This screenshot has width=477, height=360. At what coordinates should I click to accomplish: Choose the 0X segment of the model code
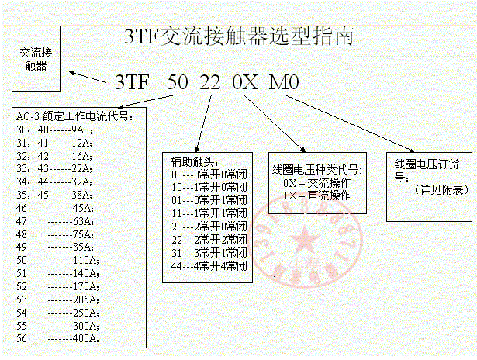pyautogui.click(x=246, y=82)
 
